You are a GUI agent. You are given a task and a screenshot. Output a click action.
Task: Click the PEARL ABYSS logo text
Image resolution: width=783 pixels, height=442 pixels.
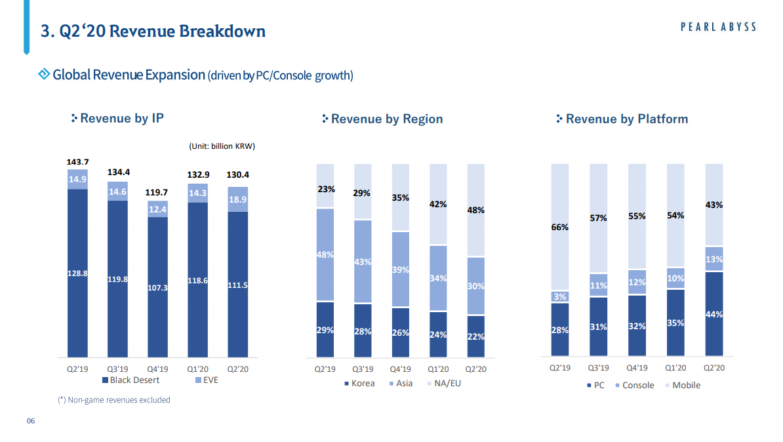pyautogui.click(x=718, y=27)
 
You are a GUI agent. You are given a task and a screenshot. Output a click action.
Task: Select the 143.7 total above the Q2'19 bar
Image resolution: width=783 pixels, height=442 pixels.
pyautogui.click(x=77, y=161)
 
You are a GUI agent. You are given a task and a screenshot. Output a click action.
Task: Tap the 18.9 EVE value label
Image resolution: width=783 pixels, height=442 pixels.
pyautogui.click(x=238, y=199)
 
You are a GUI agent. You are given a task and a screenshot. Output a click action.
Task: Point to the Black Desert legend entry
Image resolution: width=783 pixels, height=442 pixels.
pyautogui.click(x=130, y=380)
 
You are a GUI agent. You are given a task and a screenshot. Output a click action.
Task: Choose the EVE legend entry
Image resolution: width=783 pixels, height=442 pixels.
pyautogui.click(x=207, y=380)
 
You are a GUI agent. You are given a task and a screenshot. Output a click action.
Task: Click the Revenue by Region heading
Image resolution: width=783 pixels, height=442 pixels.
pyautogui.click(x=386, y=119)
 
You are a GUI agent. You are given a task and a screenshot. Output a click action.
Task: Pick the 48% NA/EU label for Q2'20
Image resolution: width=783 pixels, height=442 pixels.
pyautogui.click(x=476, y=211)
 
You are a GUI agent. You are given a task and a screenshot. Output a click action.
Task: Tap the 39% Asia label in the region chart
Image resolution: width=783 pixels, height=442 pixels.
pyautogui.click(x=401, y=270)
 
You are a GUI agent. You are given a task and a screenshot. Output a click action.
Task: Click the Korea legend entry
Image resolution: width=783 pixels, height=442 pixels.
pyautogui.click(x=359, y=383)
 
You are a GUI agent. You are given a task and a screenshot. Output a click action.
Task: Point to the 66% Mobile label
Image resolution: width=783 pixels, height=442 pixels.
pyautogui.click(x=559, y=228)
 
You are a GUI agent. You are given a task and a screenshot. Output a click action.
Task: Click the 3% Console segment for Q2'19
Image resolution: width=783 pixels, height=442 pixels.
pyautogui.click(x=559, y=296)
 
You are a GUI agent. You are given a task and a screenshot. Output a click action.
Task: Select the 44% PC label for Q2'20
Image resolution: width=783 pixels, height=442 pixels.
pyautogui.click(x=714, y=315)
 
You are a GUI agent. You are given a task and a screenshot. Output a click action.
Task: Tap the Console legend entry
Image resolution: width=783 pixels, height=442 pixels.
pyautogui.click(x=634, y=385)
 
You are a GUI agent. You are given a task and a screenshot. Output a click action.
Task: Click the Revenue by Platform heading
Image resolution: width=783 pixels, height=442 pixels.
pyautogui.click(x=626, y=119)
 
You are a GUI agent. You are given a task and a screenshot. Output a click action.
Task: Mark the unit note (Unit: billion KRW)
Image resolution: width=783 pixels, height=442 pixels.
pyautogui.click(x=222, y=146)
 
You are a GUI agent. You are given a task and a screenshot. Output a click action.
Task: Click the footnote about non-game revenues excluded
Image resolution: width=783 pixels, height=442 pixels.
pyautogui.click(x=114, y=399)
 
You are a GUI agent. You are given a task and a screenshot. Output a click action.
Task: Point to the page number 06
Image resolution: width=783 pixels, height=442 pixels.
pyautogui.click(x=30, y=420)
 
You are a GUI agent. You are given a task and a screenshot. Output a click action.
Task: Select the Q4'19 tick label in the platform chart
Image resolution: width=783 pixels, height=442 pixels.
pyautogui.click(x=637, y=368)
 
